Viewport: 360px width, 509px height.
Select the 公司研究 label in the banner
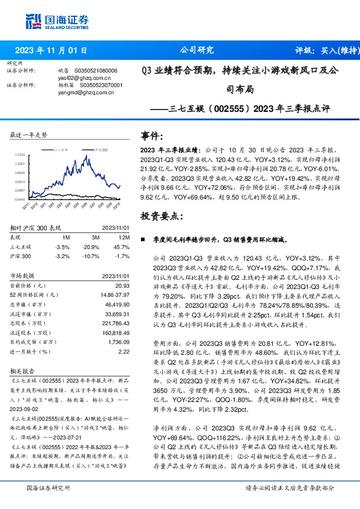tap(197, 50)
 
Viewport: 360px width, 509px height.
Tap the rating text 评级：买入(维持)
tap(322, 50)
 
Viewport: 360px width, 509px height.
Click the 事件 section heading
tap(152, 136)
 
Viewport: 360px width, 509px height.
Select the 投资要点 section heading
tap(160, 216)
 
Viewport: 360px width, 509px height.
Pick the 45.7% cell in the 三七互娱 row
tap(122, 247)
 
